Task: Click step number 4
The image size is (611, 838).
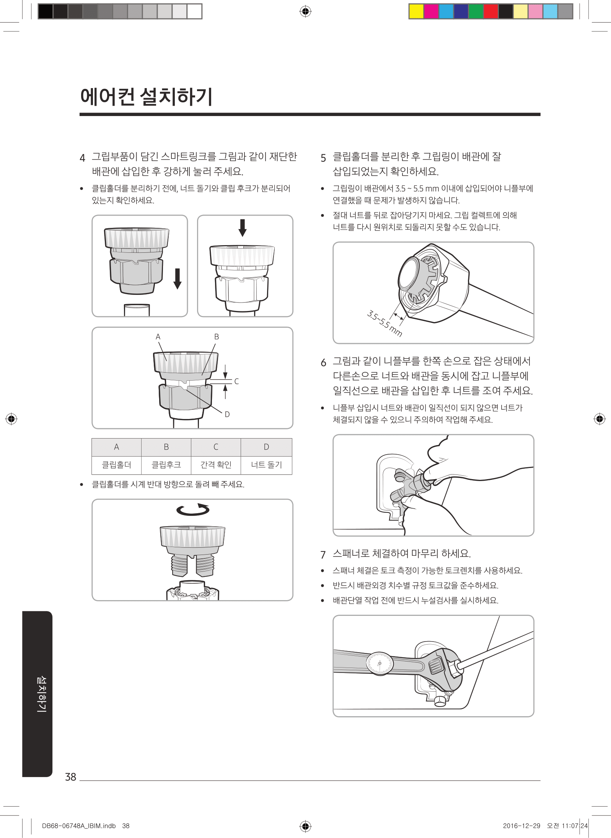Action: [x=82, y=158]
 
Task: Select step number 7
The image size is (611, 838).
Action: [x=323, y=555]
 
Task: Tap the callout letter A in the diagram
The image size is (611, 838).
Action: [x=158, y=337]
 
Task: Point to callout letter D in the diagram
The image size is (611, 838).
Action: [x=227, y=414]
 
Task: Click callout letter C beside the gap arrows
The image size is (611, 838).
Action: [x=236, y=381]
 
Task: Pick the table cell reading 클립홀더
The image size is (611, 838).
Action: [x=116, y=465]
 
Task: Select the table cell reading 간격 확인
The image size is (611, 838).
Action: [x=216, y=465]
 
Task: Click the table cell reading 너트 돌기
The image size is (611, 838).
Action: [x=266, y=465]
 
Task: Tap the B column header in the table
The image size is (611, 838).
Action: [x=166, y=447]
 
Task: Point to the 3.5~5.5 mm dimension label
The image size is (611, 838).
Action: [x=384, y=324]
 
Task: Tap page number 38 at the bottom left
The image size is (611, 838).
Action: [x=71, y=777]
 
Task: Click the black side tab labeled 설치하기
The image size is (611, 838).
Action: [x=37, y=694]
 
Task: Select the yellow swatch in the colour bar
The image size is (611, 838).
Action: [x=416, y=11]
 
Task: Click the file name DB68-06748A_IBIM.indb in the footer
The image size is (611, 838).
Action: [x=79, y=826]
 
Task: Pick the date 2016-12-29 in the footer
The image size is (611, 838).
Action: [x=521, y=826]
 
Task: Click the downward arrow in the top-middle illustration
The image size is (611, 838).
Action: [x=242, y=228]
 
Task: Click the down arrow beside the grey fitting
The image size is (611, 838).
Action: [x=177, y=279]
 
